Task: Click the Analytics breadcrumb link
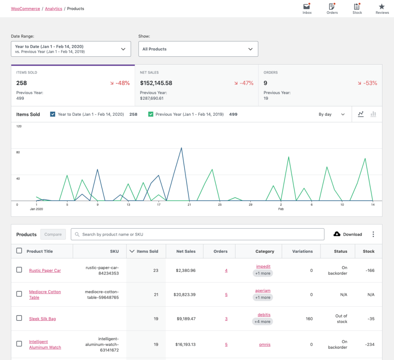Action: (53, 9)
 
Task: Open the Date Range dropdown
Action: (71, 49)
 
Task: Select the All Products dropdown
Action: (198, 49)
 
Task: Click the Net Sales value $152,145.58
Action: (156, 83)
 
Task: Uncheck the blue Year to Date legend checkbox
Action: (53, 114)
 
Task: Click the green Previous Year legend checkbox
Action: (151, 114)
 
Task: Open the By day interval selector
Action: (331, 114)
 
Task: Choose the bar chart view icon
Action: (373, 114)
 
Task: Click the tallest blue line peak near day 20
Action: (181, 148)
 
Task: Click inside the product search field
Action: (198, 234)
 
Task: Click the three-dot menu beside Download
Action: (373, 234)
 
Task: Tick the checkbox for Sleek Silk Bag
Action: (19, 318)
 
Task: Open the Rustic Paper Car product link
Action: (45, 270)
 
